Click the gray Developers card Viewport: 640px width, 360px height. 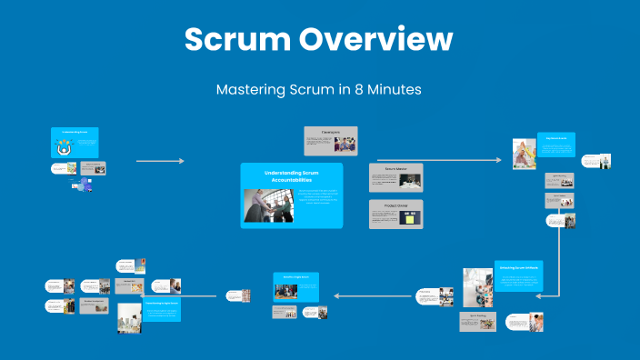[x=330, y=140]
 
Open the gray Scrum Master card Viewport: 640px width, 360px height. [x=395, y=177]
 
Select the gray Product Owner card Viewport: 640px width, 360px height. [x=395, y=215]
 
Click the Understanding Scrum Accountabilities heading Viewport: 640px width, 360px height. [x=292, y=176]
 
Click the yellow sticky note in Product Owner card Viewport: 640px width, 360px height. [x=410, y=218]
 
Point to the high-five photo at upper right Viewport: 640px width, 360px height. [x=525, y=154]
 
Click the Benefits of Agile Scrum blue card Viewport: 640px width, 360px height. [x=297, y=286]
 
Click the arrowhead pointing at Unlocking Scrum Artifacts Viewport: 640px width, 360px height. [x=539, y=295]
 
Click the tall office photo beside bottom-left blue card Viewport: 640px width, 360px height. [x=129, y=318]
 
